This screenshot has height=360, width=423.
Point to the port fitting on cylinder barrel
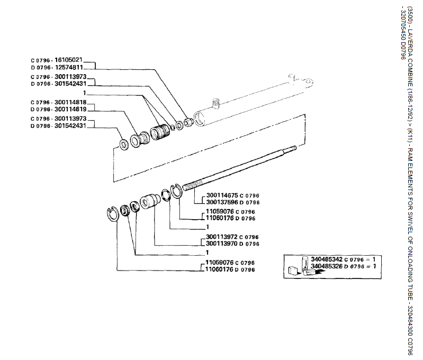pyautogui.click(x=214, y=102)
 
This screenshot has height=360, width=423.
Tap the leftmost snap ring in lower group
pyautogui.click(x=112, y=214)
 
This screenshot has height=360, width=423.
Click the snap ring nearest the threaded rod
pyautogui.click(x=176, y=191)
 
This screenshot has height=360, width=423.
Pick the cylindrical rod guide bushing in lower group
pyautogui.click(x=150, y=202)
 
